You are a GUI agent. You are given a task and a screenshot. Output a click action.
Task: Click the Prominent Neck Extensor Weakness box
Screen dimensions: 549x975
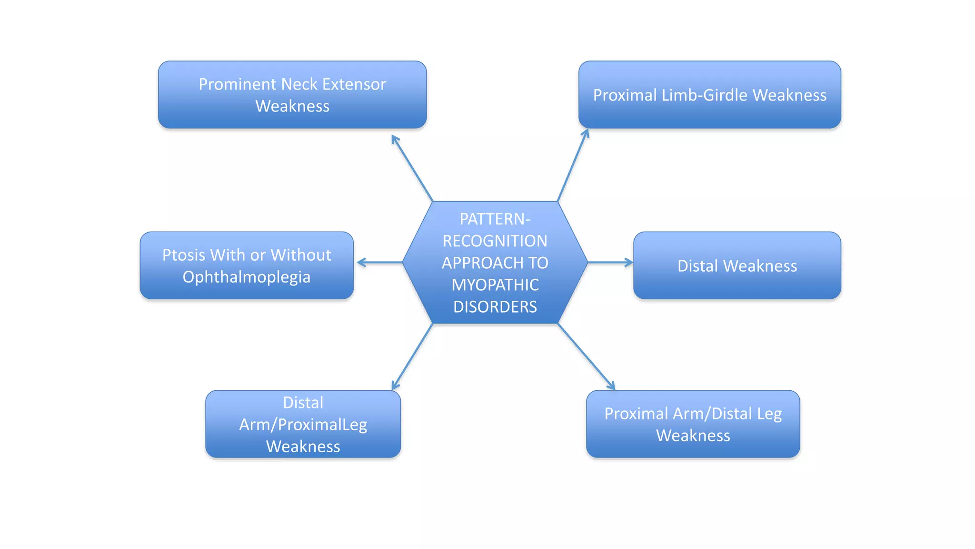292,94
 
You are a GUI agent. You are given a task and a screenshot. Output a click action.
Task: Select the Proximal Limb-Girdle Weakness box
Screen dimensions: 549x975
709,94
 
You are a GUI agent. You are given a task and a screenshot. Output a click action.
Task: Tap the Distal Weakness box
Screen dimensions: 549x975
736,265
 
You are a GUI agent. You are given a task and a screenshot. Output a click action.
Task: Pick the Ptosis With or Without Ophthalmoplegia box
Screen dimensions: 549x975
246,265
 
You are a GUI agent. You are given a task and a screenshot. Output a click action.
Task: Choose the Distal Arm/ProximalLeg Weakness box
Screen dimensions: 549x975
303,424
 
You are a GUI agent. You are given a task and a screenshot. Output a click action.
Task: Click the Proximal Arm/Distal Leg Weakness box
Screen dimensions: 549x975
693,424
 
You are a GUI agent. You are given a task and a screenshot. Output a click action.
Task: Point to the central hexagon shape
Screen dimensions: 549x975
495,262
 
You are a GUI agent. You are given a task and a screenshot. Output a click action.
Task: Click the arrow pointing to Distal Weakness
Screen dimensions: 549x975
610,262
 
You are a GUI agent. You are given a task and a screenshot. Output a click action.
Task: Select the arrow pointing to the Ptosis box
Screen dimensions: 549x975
380,262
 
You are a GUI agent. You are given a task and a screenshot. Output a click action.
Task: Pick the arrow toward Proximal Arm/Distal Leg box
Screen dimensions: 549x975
586,356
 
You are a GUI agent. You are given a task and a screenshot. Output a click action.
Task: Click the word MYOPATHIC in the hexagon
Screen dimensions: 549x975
495,285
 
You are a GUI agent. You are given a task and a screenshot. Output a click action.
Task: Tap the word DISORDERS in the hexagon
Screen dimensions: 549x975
495,306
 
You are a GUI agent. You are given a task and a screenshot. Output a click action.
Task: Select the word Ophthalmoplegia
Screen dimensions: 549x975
246,277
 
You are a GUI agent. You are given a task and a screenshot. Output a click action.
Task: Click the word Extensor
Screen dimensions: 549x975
354,84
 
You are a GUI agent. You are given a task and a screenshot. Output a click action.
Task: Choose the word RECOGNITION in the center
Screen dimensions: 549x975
495,241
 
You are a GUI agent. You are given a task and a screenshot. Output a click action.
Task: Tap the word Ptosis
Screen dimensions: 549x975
184,255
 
